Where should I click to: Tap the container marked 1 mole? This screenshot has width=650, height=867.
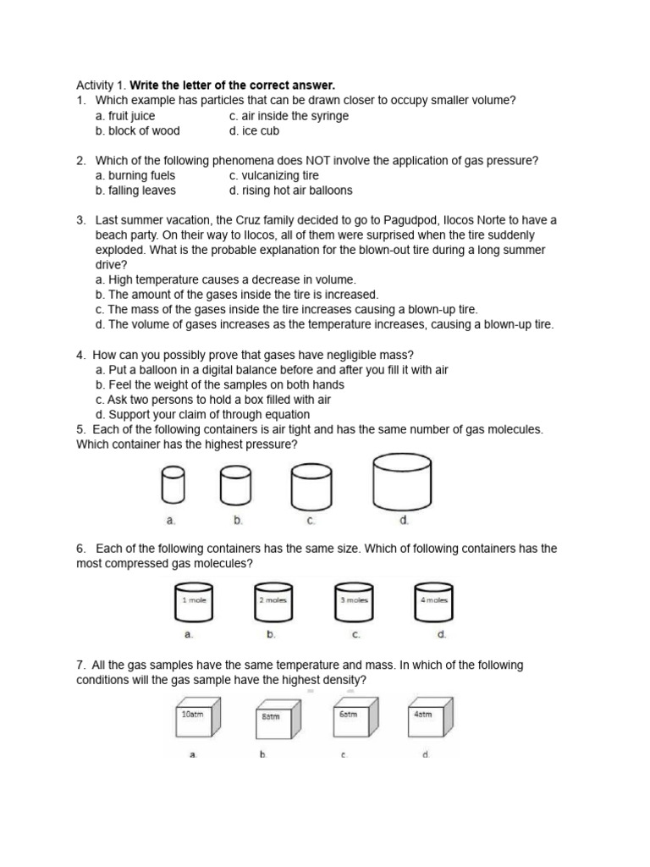point(195,604)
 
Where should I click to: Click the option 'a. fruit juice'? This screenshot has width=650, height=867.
point(125,116)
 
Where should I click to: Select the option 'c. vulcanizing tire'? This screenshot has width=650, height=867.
point(273,175)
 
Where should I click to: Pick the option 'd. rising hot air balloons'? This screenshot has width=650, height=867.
point(290,191)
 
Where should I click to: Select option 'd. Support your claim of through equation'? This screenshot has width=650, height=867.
point(203,414)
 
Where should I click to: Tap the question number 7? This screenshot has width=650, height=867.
point(80,665)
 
